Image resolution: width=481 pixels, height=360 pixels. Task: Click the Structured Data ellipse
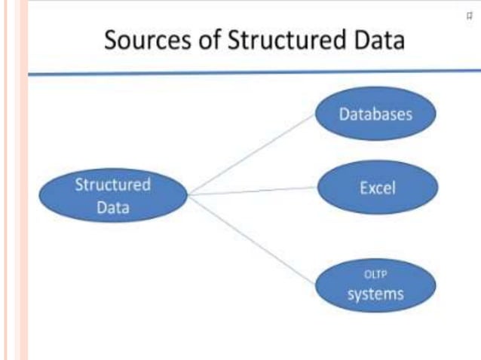(112, 196)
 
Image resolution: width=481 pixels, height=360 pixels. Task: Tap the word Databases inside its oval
(375, 115)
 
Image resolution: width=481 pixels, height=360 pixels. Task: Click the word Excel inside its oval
(377, 187)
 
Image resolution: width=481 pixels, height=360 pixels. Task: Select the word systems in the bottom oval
(375, 293)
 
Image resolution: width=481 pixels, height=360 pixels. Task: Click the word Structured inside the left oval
(112, 185)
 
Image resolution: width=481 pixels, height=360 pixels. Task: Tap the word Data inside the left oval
(112, 207)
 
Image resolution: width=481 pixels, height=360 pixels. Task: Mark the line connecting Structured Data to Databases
(252, 154)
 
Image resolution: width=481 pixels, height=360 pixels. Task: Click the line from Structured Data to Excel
(252, 191)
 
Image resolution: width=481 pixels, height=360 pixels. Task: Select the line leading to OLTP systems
(252, 239)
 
